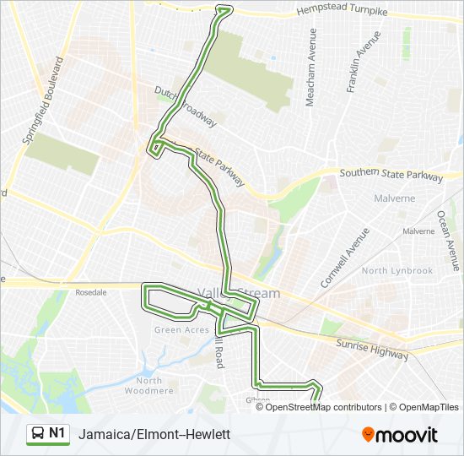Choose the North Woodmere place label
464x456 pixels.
click(x=148, y=385)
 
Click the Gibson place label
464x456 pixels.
click(x=258, y=399)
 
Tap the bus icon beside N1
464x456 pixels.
click(x=38, y=434)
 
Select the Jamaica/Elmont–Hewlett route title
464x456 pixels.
click(x=154, y=435)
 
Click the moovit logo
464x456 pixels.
click(x=400, y=435)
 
